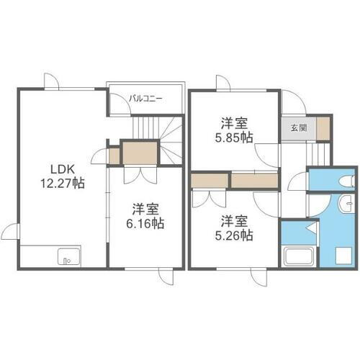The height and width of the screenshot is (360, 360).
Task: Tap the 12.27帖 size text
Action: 63,183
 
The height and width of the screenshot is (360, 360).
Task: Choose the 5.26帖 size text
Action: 236,234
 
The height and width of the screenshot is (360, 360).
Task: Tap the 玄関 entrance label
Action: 297,128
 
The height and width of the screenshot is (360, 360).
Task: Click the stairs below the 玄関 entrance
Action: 317,153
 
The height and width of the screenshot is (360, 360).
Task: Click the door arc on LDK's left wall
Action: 10,233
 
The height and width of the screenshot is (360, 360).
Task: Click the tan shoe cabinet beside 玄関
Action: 323,127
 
